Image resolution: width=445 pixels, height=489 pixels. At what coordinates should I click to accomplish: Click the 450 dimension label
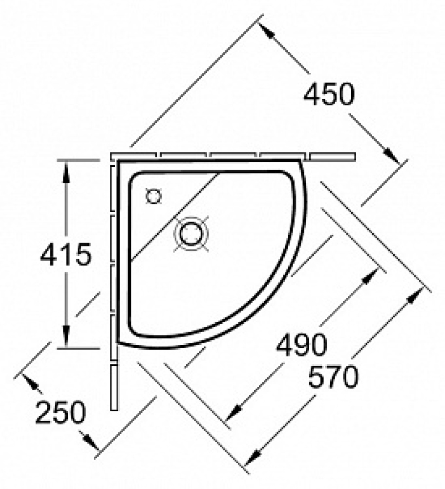329,94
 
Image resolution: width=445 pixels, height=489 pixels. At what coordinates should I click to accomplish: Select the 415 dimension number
66,254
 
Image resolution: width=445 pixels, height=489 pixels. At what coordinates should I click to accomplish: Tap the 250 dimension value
61,412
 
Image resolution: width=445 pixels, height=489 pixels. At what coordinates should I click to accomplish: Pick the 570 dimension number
334,377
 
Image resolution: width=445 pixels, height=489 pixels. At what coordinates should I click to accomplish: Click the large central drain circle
191,234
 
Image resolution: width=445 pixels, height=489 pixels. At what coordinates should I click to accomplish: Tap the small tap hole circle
154,197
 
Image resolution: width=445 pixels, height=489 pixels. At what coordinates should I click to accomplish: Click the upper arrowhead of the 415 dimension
66,172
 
